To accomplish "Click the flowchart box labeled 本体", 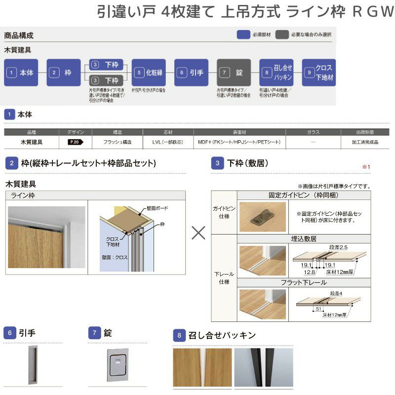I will tap(21, 73).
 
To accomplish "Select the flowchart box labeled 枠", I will tap(63, 73).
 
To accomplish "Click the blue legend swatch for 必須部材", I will tap(243, 35).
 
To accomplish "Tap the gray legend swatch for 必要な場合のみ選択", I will tap(282, 35).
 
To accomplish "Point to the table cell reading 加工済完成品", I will tap(364, 142).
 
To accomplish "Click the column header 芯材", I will tap(167, 132).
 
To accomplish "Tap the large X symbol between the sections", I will tap(198, 233).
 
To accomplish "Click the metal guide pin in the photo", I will tap(262, 217).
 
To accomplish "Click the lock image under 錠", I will tap(118, 365).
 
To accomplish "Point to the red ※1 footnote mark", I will tap(366, 167).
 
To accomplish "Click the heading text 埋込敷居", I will tap(304, 238).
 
